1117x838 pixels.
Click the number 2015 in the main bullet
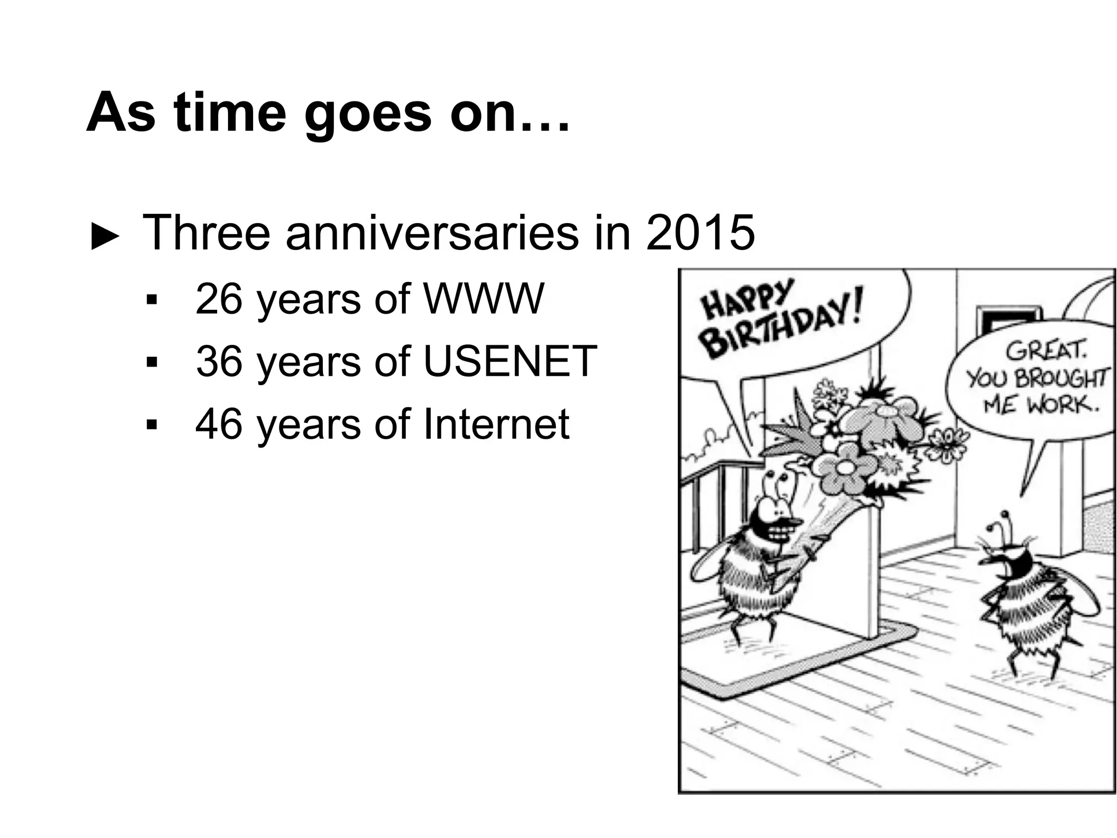click(x=700, y=233)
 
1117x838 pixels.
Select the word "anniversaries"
click(x=431, y=233)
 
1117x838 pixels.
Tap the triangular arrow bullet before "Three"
click(x=105, y=237)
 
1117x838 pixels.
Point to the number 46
click(x=219, y=424)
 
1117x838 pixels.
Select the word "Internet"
click(x=496, y=424)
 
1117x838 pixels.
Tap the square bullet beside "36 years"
click(x=152, y=362)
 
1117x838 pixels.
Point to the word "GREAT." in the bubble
click(x=1046, y=350)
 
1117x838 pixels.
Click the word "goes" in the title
click(x=368, y=112)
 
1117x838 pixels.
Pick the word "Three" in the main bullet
click(x=206, y=233)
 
